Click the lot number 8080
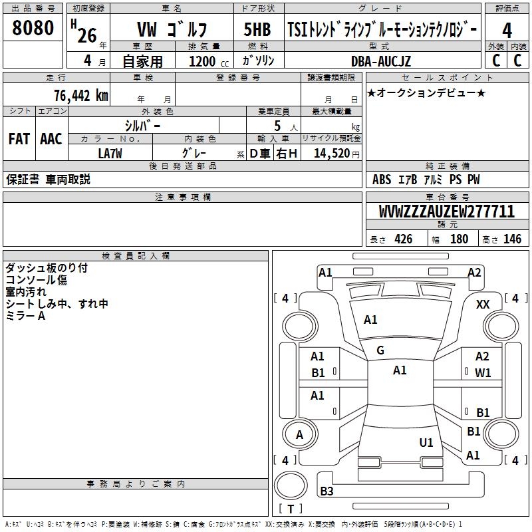click(x=33, y=29)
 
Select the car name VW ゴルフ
click(x=172, y=30)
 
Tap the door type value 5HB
click(x=257, y=29)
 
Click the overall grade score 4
click(x=507, y=30)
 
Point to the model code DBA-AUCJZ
click(x=381, y=61)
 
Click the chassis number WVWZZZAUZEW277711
click(x=447, y=211)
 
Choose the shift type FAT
click(x=19, y=139)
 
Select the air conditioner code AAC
click(x=51, y=139)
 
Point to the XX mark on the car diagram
click(x=483, y=304)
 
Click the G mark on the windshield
click(x=380, y=350)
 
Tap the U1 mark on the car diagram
click(x=426, y=442)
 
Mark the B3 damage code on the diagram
click(x=327, y=491)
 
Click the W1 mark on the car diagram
click(x=483, y=373)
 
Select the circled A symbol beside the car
click(x=299, y=435)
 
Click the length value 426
click(x=403, y=239)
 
